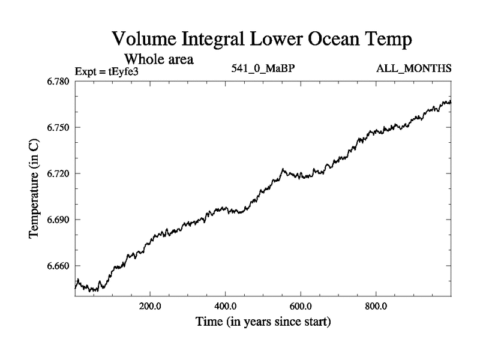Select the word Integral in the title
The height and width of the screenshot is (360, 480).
pos(218,41)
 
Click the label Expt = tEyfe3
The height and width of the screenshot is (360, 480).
pos(107,71)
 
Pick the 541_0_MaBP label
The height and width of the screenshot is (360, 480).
pos(262,68)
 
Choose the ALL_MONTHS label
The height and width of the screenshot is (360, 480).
pos(413,68)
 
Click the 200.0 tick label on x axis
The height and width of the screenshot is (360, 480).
pos(150,305)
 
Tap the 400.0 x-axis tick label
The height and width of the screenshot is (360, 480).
pos(225,305)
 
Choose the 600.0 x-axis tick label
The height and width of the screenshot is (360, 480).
pos(301,305)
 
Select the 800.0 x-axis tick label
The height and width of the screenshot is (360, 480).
pos(376,305)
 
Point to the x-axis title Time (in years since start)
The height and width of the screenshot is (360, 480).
pos(263,322)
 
